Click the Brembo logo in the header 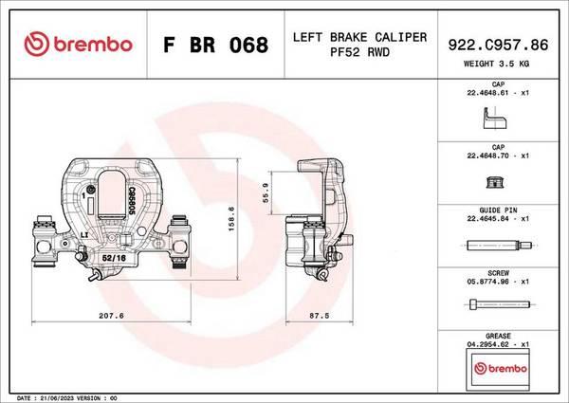78,44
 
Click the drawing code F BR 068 215,45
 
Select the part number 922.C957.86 498,45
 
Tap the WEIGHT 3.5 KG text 496,64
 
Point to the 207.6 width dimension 111,316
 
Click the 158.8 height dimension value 231,219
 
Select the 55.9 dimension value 266,192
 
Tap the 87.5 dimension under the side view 319,316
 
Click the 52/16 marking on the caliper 114,258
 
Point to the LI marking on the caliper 84,235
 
